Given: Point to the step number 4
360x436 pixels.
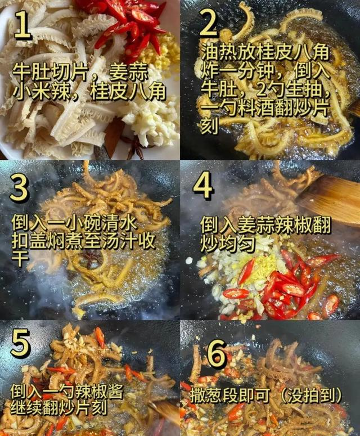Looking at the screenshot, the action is [x=204, y=185].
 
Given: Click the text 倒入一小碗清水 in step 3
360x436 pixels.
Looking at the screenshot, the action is [x=74, y=222].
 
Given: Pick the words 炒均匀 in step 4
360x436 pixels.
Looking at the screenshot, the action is [x=228, y=244].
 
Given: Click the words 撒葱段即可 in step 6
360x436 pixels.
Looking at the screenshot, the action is [x=230, y=394].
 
